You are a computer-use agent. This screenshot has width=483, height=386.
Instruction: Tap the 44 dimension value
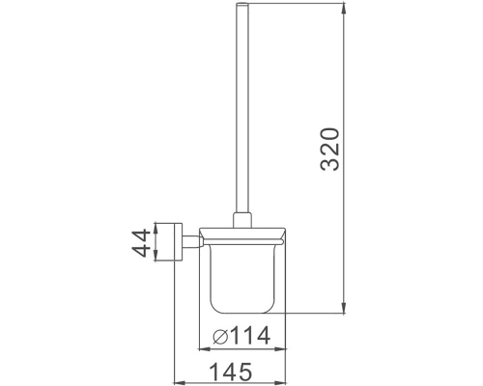pos(140,245)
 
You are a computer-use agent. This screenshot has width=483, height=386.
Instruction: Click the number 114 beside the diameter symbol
pos(247,338)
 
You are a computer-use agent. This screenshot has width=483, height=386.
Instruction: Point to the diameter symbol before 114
pos(219,338)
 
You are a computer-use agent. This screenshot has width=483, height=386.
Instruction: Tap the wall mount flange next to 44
pos(177,245)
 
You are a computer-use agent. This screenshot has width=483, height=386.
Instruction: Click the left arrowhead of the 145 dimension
pos(176,379)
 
